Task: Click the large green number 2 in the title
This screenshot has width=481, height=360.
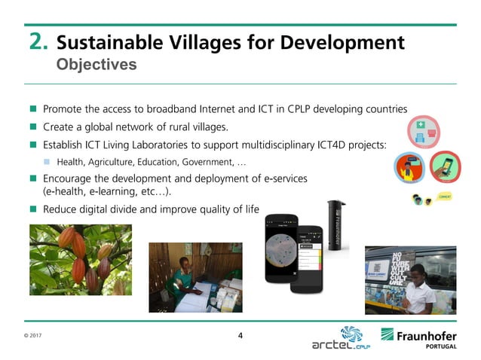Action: pos(38,41)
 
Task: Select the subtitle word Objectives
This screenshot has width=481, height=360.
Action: pos(97,65)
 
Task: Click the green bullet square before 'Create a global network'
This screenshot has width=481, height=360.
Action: pos(33,127)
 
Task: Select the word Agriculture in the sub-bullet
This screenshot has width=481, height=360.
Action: pos(113,162)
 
